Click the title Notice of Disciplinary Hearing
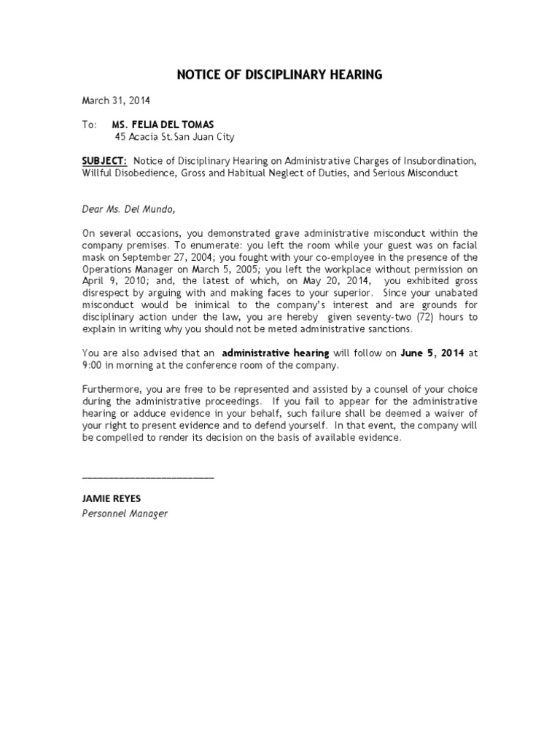[280, 75]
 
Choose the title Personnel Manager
[125, 514]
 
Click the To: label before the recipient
[89, 125]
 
